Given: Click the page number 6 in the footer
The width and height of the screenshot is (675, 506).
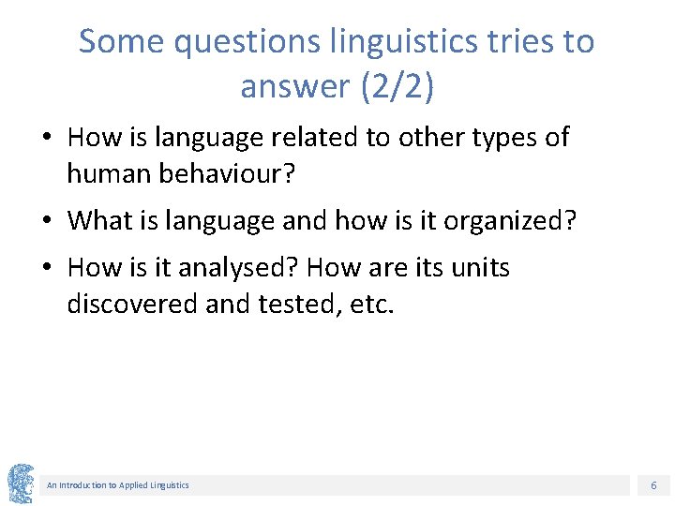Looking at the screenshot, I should click(653, 485).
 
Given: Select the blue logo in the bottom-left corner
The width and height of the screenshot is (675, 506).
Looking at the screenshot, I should click(21, 484).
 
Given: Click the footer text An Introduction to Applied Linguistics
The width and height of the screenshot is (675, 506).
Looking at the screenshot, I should click(118, 485).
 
